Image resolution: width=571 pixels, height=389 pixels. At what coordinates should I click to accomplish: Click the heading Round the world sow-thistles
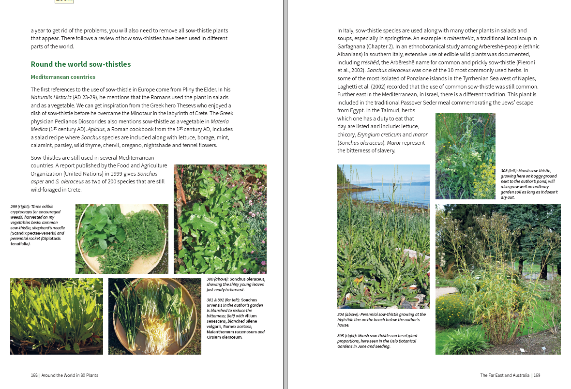click(80, 64)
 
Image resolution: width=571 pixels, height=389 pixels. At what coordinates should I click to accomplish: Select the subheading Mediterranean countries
click(63, 77)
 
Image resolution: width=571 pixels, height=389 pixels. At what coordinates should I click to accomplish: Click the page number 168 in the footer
click(34, 375)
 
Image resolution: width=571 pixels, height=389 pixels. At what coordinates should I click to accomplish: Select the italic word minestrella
click(460, 38)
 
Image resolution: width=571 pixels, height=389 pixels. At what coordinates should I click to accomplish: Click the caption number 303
click(506, 171)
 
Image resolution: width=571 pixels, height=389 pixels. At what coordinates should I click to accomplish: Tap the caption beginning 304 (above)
click(381, 320)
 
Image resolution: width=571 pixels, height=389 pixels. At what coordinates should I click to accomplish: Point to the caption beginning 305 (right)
click(377, 341)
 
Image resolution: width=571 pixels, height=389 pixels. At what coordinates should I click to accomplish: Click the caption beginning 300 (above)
click(236, 284)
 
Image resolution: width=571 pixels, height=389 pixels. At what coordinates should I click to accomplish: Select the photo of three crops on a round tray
click(122, 239)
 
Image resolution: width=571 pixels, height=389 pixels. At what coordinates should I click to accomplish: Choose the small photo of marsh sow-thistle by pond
click(465, 156)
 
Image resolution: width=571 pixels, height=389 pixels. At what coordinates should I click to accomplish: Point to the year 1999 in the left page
click(112, 174)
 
